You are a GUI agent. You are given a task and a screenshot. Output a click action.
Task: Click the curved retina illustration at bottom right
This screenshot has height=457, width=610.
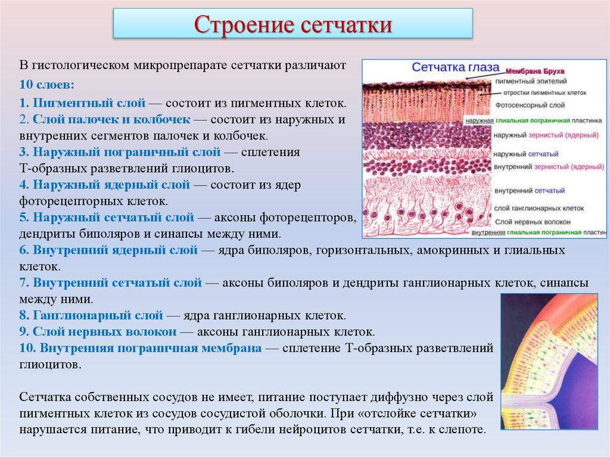549,362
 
